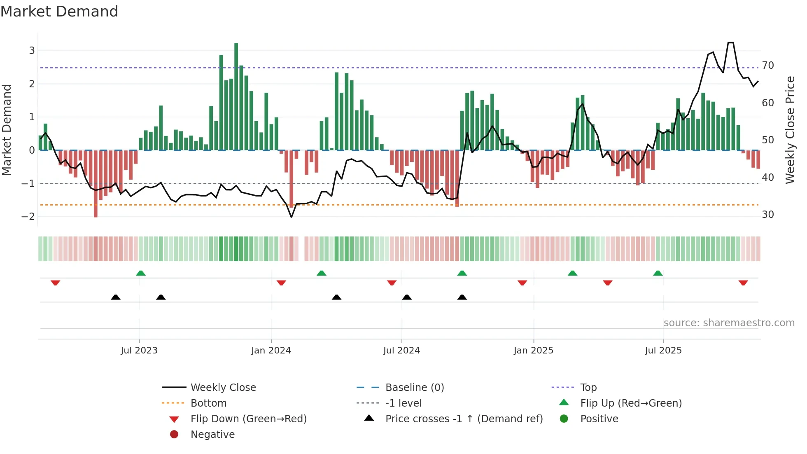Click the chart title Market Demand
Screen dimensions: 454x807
coord(59,12)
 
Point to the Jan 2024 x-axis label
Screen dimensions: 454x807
coord(271,351)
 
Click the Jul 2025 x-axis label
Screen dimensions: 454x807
coord(663,351)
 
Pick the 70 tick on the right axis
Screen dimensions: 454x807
coord(768,66)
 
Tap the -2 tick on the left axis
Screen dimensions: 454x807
coord(28,217)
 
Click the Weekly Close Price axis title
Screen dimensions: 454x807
coord(790,130)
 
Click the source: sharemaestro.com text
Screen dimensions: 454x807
coord(729,323)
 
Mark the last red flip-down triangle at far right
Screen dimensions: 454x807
coord(743,283)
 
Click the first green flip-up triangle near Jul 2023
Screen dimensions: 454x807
coord(141,273)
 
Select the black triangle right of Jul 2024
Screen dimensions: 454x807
coord(407,297)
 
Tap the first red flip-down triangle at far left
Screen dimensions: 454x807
coord(56,283)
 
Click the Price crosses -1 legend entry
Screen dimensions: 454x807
coord(464,419)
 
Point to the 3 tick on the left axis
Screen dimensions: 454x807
coord(32,51)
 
